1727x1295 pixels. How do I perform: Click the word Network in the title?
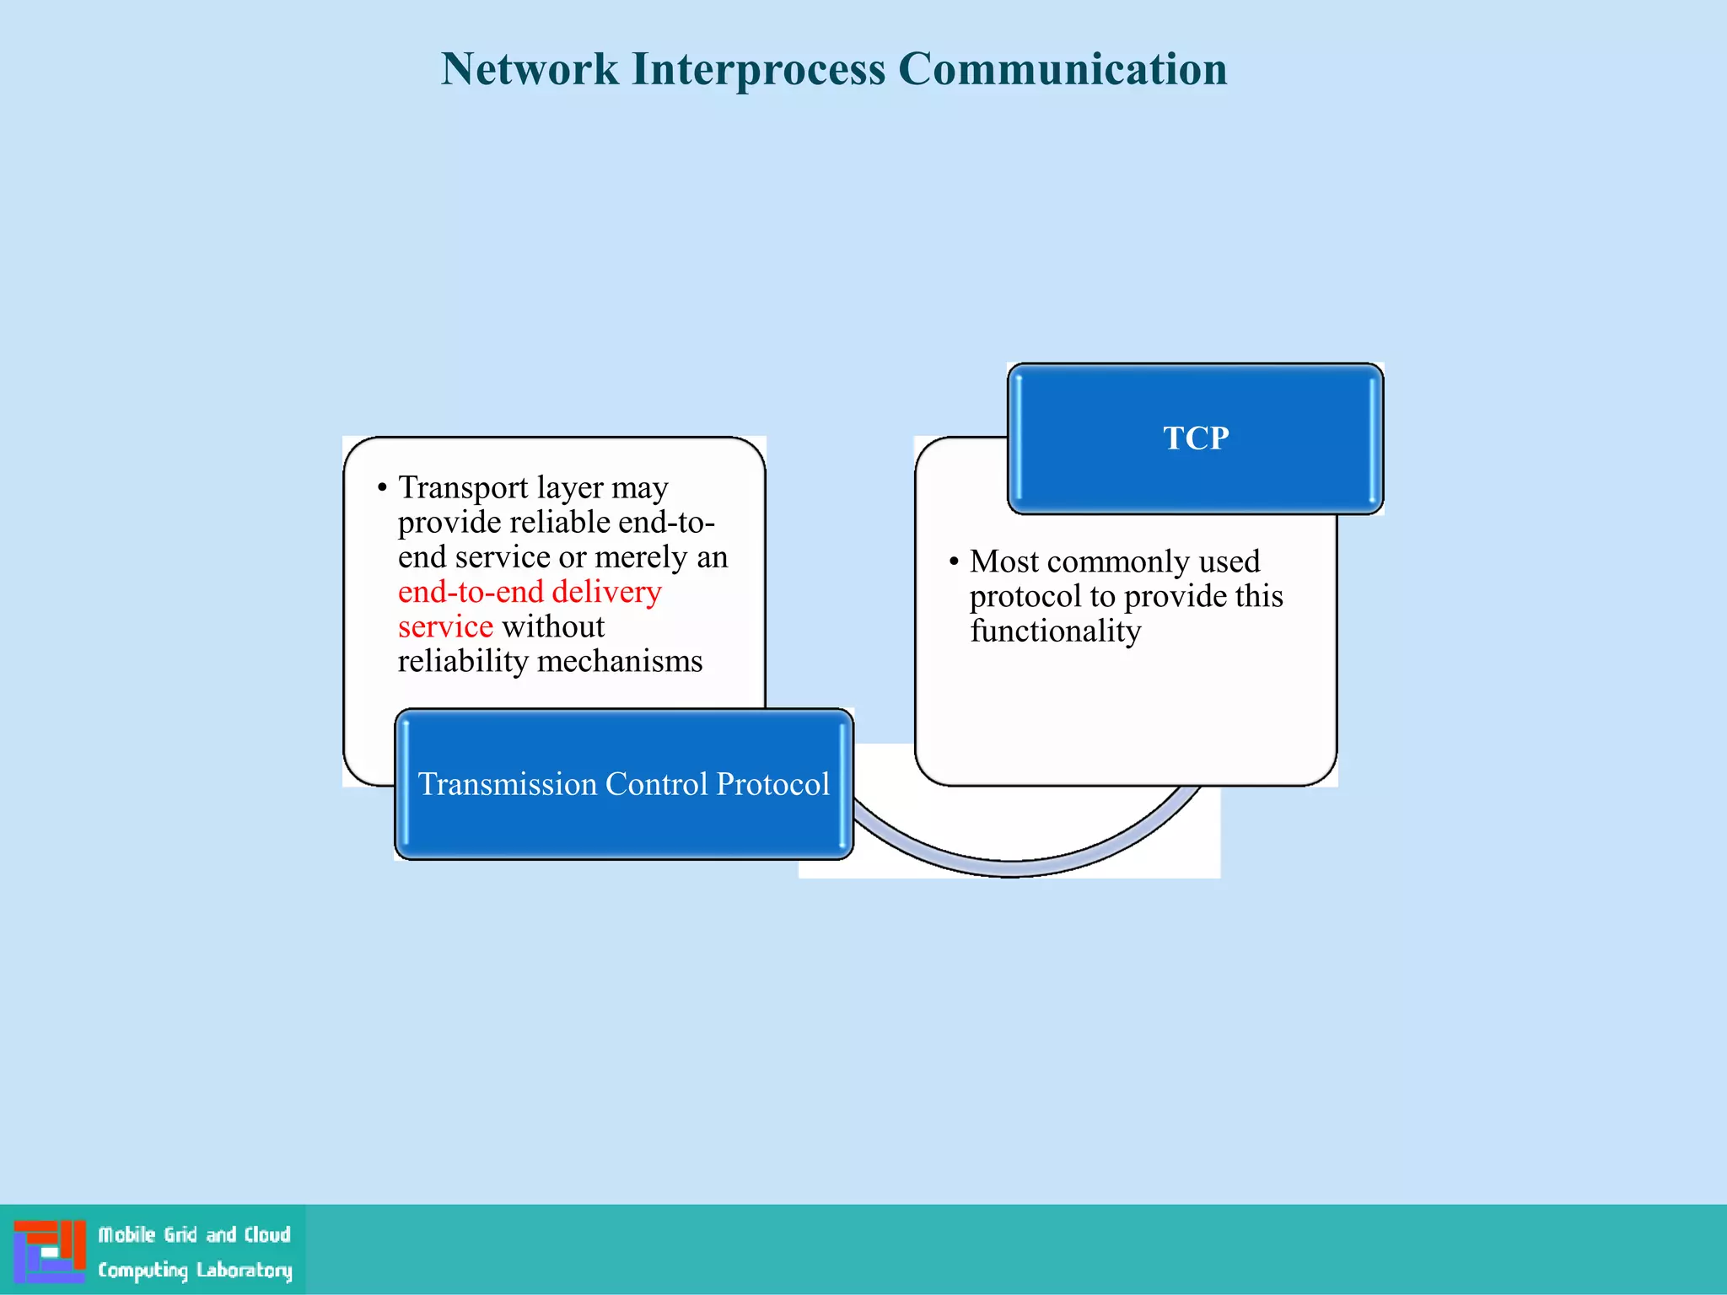coord(529,69)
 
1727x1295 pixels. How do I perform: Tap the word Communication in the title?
coord(1062,69)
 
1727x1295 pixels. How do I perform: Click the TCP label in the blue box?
coord(1195,438)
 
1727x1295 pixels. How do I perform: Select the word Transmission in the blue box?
coord(507,784)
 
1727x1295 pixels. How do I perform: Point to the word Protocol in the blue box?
coord(772,784)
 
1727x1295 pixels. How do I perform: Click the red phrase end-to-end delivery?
coord(530,592)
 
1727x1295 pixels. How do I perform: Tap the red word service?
coord(445,626)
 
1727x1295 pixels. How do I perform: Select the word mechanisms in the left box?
coord(619,661)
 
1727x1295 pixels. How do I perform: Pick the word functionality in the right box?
coord(1055,631)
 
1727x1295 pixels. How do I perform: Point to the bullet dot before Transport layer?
coord(382,488)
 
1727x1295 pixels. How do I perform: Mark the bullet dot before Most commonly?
coord(954,562)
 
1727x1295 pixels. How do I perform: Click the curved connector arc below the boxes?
coord(1012,868)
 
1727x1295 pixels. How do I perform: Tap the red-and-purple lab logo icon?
coord(50,1251)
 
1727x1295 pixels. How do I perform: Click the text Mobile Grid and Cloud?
coord(194,1235)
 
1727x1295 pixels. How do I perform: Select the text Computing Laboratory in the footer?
coord(194,1270)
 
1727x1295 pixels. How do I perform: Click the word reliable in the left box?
coord(560,523)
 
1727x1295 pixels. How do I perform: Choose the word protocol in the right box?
coord(1025,596)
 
